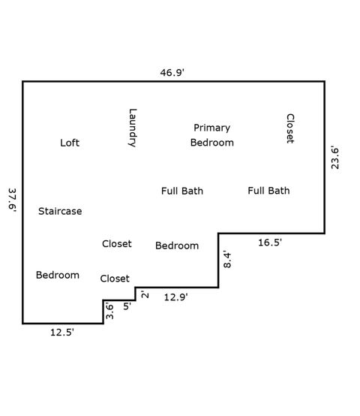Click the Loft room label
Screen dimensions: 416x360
point(70,143)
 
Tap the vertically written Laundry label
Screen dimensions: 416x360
point(133,128)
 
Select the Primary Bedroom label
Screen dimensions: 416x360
point(211,135)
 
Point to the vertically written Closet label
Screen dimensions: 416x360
point(290,128)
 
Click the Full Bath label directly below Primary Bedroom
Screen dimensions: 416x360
point(182,191)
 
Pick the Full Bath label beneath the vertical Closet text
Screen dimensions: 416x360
point(268,191)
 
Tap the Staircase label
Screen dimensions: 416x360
point(60,211)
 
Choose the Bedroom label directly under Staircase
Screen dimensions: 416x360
point(58,275)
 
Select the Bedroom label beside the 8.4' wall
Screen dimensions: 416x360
point(177,246)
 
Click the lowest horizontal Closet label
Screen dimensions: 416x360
point(115,279)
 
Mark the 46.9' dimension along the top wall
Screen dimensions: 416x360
point(172,73)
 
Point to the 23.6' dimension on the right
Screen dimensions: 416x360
point(335,158)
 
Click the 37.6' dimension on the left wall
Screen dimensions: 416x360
point(12,202)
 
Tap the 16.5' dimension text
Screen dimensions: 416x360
point(270,243)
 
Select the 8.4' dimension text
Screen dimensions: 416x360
point(228,260)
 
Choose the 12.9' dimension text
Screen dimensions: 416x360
point(175,297)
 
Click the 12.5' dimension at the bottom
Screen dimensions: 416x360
point(61,332)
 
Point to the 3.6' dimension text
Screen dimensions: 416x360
point(109,311)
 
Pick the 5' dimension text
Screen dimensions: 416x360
point(126,306)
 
